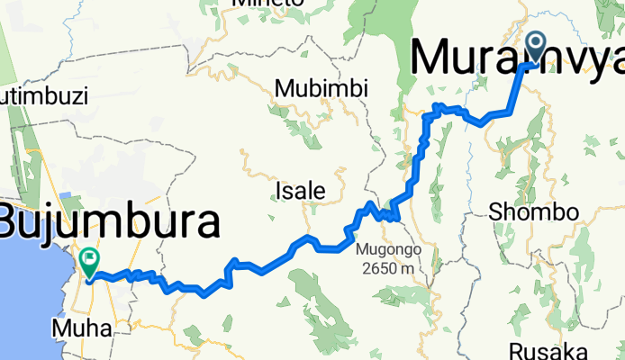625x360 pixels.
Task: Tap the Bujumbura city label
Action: pos(109,221)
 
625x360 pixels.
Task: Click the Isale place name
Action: pos(301,191)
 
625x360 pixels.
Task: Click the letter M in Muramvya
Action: pos(430,58)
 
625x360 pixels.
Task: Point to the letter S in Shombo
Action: pos(495,212)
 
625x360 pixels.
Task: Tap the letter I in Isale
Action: pos(279,191)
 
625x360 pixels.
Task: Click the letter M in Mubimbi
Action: pos(285,89)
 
